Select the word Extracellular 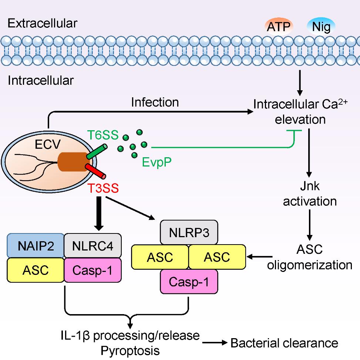click(x=43, y=23)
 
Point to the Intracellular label click(x=40, y=80)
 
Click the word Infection click(x=155, y=102)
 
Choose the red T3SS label click(x=103, y=188)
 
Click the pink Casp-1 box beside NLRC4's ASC click(x=92, y=270)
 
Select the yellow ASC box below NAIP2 click(x=35, y=270)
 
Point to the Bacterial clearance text click(x=284, y=343)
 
